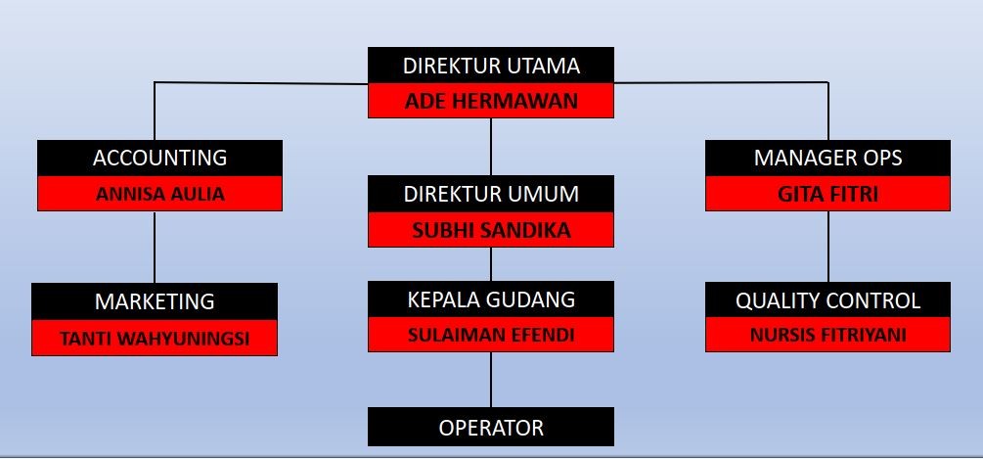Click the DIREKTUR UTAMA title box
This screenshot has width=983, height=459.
click(x=491, y=67)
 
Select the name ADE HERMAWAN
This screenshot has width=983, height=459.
click(x=491, y=101)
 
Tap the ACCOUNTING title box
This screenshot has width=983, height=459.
click(x=159, y=158)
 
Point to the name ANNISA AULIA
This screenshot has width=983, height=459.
click(x=159, y=194)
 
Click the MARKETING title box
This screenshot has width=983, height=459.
click(x=155, y=300)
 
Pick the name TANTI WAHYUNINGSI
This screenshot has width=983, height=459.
click(x=155, y=339)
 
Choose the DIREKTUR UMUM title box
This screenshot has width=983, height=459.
click(x=491, y=194)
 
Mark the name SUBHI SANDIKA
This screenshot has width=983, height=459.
click(x=491, y=230)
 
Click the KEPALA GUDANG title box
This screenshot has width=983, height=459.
click(x=491, y=298)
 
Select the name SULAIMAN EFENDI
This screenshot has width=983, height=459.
click(x=491, y=335)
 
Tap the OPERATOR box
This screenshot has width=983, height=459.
click(x=491, y=428)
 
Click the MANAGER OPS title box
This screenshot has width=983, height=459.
click(x=827, y=158)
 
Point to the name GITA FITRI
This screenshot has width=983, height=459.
click(x=827, y=194)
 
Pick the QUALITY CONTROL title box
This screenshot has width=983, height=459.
click(x=827, y=300)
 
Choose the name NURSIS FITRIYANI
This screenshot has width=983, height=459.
click(x=827, y=335)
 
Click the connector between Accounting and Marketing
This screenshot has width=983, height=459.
click(x=156, y=247)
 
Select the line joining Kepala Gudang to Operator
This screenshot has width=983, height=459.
click(x=491, y=380)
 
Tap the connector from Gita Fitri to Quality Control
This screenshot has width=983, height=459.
click(x=828, y=247)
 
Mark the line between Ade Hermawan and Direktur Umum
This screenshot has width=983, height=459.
click(x=491, y=147)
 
